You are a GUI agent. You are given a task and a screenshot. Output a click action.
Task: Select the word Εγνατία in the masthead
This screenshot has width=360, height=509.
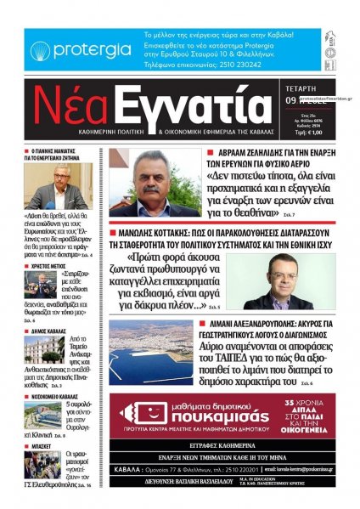186,111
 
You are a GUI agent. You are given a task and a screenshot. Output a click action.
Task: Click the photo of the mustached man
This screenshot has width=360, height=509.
158,183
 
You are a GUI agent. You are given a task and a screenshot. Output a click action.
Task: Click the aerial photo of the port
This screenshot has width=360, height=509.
151,351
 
